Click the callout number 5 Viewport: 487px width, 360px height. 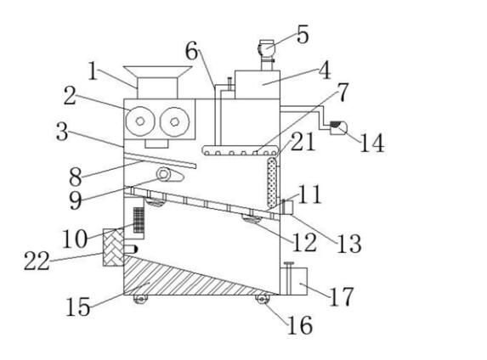point(303,35)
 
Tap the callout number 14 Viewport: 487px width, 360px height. point(372,143)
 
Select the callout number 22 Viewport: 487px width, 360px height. point(37,261)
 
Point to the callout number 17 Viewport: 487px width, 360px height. point(341,296)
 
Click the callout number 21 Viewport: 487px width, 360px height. point(303,141)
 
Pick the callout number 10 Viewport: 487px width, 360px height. point(75,239)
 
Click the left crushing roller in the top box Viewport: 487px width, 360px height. point(140,121)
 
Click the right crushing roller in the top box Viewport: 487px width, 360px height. point(175,121)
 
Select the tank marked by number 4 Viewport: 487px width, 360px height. point(258,85)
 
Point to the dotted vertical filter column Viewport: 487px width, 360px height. point(272,183)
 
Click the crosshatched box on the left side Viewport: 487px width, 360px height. point(113,247)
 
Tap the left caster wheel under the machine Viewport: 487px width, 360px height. point(140,299)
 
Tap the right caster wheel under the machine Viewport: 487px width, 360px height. point(263,299)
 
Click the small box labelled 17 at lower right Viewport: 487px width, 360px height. point(294,281)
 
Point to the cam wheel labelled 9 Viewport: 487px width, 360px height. point(163,174)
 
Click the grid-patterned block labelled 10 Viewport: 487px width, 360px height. point(139,220)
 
